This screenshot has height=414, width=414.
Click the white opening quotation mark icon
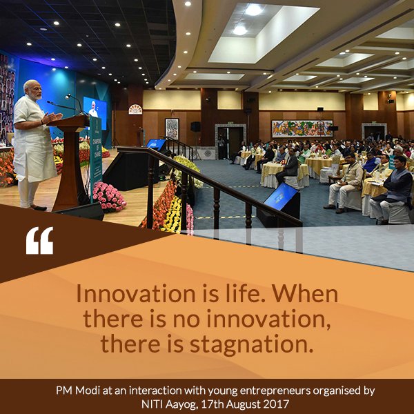pyautogui.click(x=39, y=240)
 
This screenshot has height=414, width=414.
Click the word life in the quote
pyautogui.click(x=228, y=294)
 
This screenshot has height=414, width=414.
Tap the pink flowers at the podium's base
pyautogui.click(x=109, y=197)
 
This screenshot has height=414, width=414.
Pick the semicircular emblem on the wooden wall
pyautogui.click(x=136, y=109)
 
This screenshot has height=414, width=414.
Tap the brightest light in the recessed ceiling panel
pyautogui.click(x=254, y=10)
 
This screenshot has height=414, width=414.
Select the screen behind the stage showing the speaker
pyautogui.click(x=95, y=110)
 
